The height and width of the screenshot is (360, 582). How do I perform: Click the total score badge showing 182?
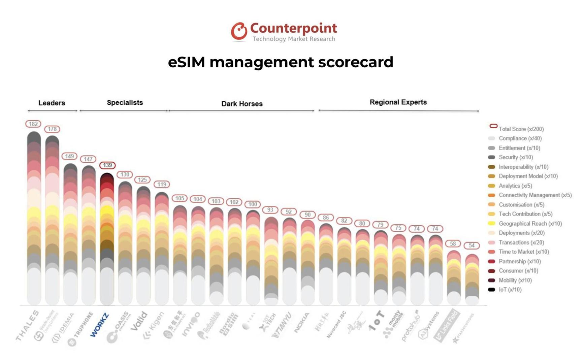tap(33, 124)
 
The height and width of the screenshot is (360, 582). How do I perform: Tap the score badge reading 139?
tap(107, 165)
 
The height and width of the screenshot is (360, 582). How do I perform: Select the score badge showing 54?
tap(472, 246)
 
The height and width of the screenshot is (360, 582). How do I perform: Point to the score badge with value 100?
tap(253, 204)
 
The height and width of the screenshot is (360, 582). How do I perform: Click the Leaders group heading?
tap(52, 103)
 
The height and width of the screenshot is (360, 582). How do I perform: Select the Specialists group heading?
tap(125, 102)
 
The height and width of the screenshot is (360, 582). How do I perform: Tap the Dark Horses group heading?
tap(242, 104)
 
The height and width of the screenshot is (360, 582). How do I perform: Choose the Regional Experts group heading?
tap(398, 102)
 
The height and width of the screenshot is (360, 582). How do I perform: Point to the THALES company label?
tap(27, 325)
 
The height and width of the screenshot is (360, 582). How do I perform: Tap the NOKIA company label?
tap(302, 323)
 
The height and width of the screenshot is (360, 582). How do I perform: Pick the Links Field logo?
tap(447, 325)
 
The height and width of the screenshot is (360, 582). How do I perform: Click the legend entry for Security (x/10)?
tap(516, 157)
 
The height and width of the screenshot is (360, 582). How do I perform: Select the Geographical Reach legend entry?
tap(530, 224)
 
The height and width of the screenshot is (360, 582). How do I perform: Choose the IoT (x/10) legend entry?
tap(510, 290)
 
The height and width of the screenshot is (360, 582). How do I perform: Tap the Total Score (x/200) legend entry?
tap(521, 129)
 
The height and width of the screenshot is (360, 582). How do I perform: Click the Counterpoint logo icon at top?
tap(239, 31)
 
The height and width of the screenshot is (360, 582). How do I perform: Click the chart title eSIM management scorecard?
tap(281, 62)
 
